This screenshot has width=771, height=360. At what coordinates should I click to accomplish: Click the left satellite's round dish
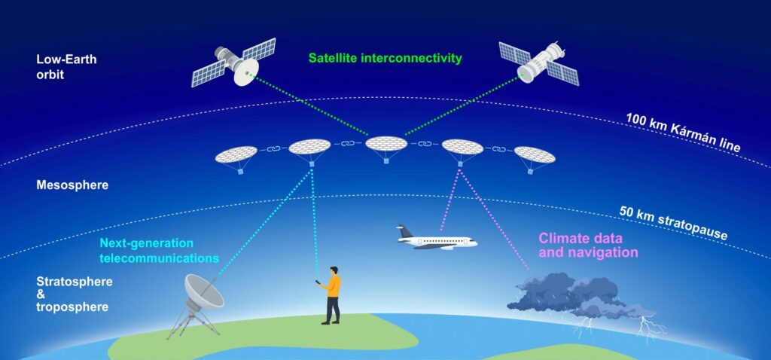point(247,73)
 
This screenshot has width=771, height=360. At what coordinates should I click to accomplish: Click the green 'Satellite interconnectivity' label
point(385,58)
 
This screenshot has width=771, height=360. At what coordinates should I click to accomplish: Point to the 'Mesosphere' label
point(72,185)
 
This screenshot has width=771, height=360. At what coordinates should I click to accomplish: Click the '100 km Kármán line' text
point(683,132)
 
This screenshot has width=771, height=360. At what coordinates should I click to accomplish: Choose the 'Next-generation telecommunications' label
point(159,250)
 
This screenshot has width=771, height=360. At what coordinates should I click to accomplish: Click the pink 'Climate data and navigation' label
point(588,246)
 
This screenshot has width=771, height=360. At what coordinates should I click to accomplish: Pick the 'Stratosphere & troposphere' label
point(75,294)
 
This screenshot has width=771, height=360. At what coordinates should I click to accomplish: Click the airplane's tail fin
point(406,231)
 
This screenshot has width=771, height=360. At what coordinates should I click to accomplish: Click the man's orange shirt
point(334,286)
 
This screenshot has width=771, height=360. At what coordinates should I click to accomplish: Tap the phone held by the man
point(318,282)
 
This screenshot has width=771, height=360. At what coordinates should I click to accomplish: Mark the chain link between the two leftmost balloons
point(273,148)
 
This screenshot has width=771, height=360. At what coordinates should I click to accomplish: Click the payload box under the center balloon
point(386,161)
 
